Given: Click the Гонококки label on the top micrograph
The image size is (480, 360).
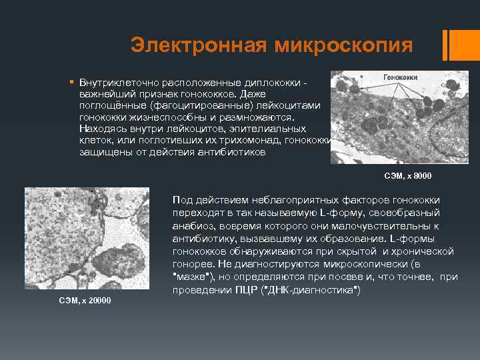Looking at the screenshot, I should [401, 77].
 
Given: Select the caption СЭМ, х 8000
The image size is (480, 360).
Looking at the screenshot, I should [408, 176].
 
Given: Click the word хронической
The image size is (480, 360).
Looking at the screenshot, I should [424, 251].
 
